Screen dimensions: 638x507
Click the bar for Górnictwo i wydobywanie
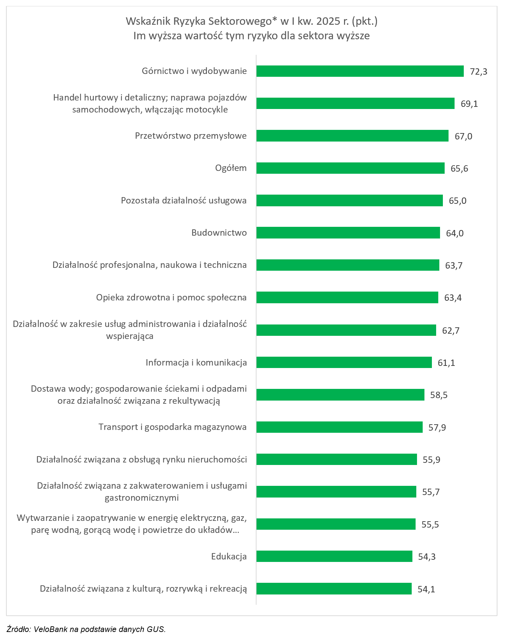360,71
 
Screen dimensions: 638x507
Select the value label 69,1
469,104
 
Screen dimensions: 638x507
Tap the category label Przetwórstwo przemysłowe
191,136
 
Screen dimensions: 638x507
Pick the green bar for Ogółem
350,168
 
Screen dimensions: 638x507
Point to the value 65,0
457,201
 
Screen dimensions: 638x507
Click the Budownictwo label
219,233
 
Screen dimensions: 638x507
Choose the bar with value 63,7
347,265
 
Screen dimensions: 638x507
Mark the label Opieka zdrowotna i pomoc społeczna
171,298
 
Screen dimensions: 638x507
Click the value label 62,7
451,331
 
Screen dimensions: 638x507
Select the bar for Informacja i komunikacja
344,362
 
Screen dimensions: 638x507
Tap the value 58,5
439,395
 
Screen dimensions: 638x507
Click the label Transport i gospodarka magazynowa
173,427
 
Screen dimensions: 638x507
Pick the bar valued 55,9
336,459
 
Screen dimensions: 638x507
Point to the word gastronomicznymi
142,498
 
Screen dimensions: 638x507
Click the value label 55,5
430,524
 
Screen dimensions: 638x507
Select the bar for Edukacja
334,556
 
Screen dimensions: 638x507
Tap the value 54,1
426,589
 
